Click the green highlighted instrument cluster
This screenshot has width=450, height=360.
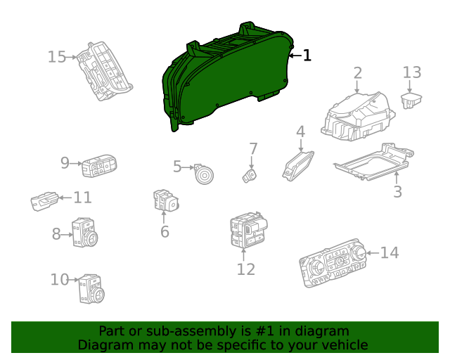pyautogui.click(x=225, y=77)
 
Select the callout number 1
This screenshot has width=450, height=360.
pyautogui.click(x=307, y=56)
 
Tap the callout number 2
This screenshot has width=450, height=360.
pyautogui.click(x=357, y=72)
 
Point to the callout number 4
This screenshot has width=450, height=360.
pyautogui.click(x=300, y=131)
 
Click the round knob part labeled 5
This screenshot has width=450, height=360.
pyautogui.click(x=205, y=173)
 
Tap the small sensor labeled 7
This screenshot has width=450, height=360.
pyautogui.click(x=250, y=174)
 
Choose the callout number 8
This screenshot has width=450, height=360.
pyautogui.click(x=56, y=234)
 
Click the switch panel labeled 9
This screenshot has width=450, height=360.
pyautogui.click(x=99, y=167)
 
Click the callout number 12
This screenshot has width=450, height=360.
pyautogui.click(x=245, y=269)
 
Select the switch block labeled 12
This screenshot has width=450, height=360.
pyautogui.click(x=248, y=231)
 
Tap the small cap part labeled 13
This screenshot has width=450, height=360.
pyautogui.click(x=411, y=99)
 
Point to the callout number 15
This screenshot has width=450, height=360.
pyautogui.click(x=56, y=57)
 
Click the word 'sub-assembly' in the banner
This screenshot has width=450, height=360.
pyautogui.click(x=179, y=331)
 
